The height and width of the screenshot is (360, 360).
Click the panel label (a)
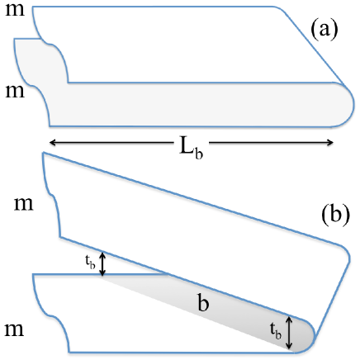324,30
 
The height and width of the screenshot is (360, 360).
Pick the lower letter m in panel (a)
15,89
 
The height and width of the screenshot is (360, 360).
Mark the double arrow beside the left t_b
102,264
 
